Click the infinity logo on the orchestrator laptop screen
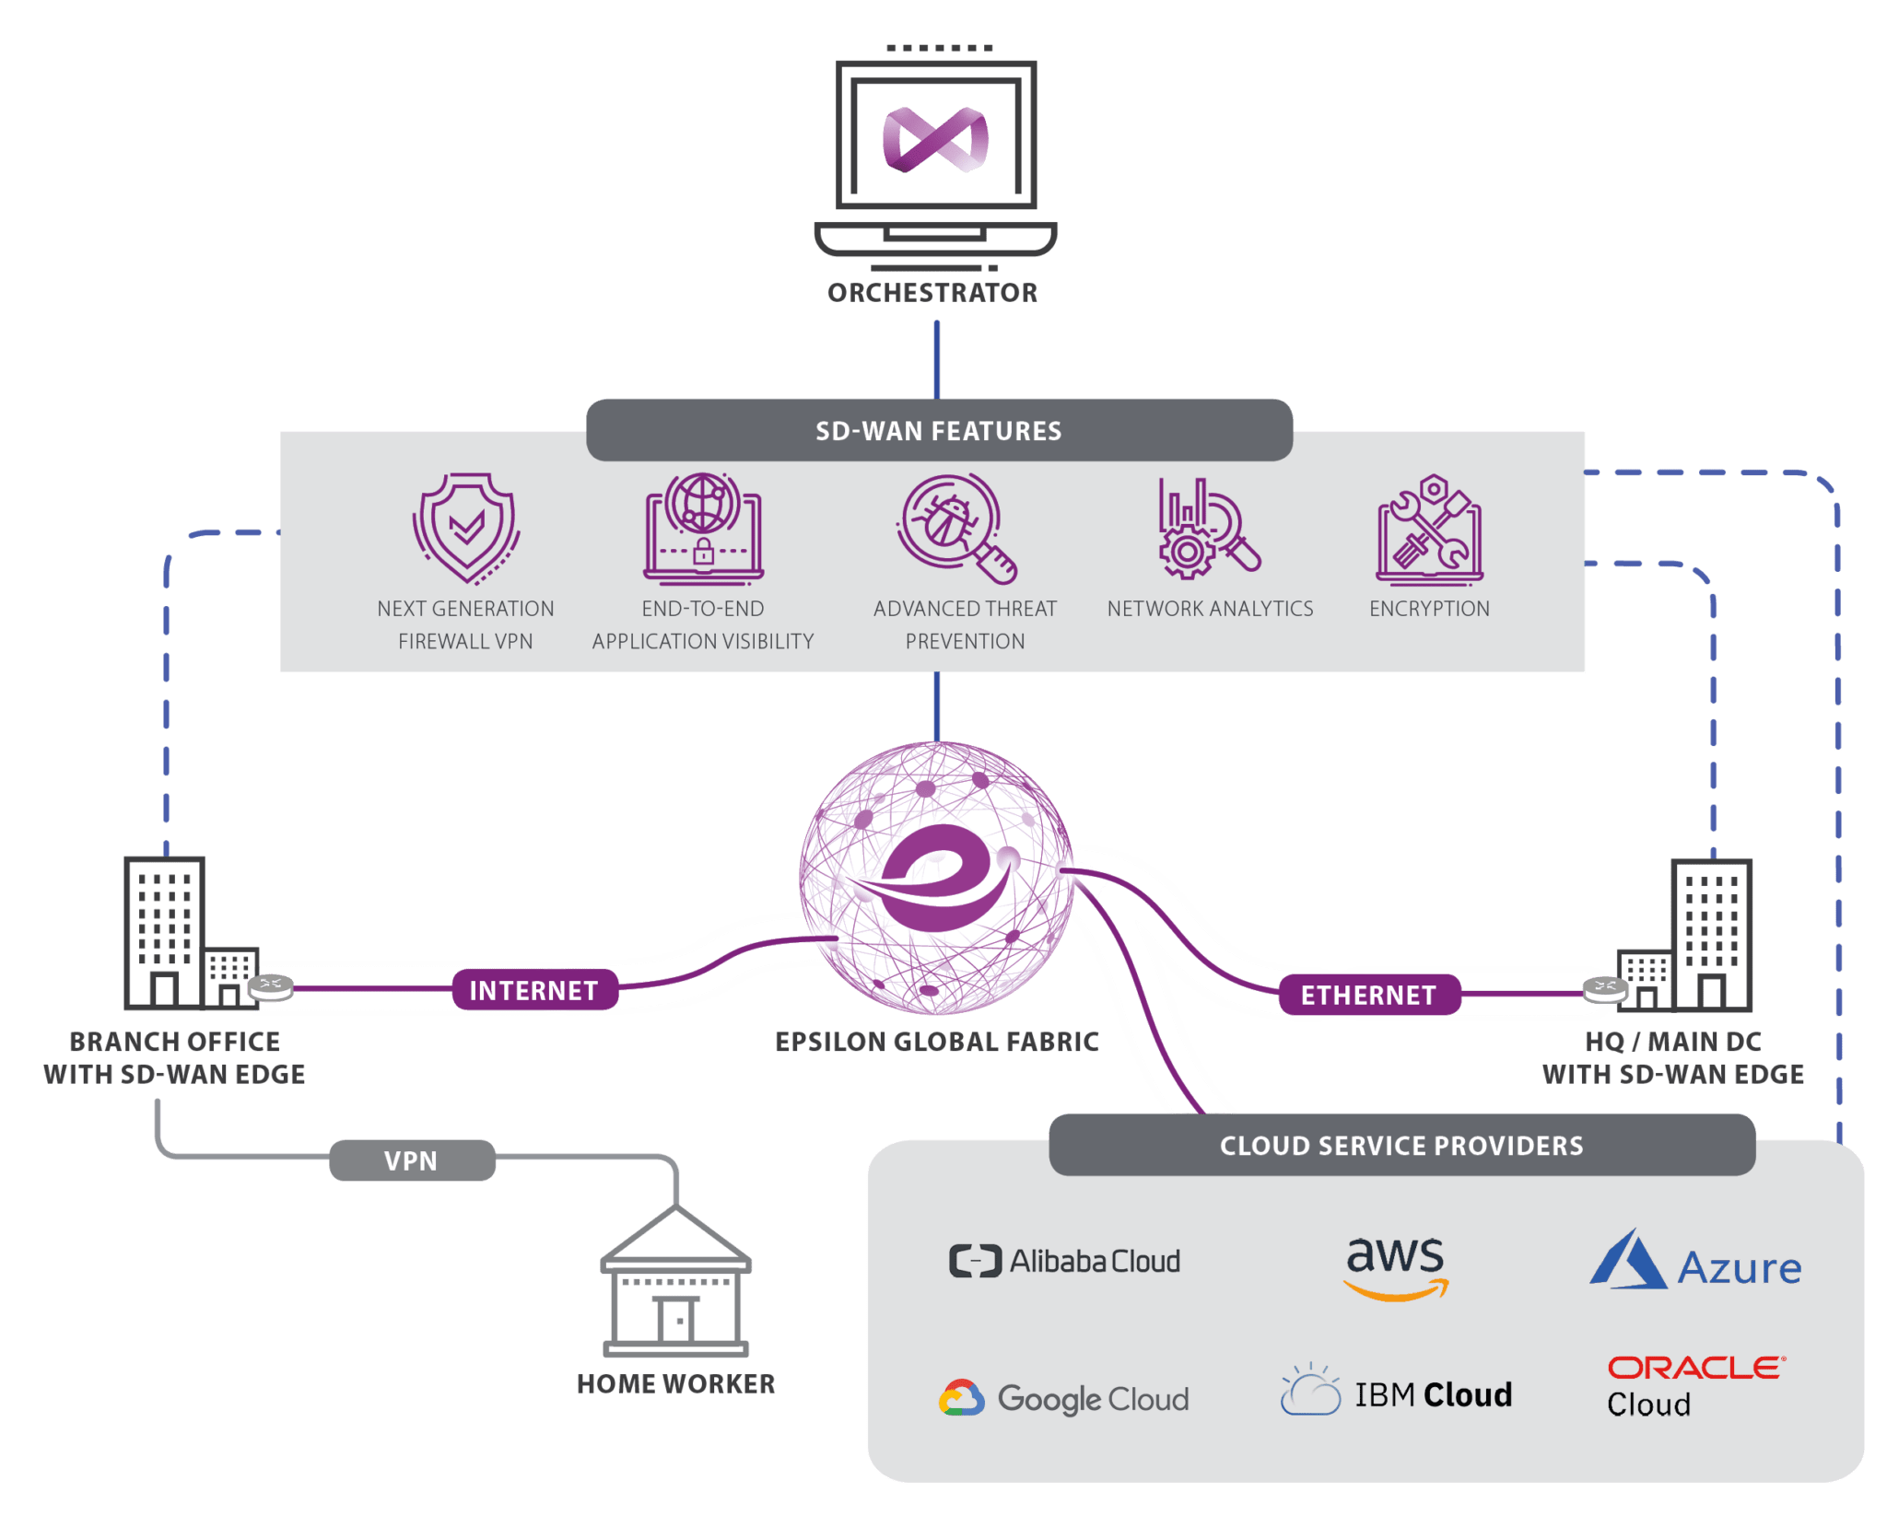coord(935,140)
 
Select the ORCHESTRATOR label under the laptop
coord(932,293)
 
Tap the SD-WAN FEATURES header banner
coord(938,431)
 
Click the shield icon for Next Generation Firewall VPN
coord(466,528)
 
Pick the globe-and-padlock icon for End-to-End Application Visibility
coord(703,530)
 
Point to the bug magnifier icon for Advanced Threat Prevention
coord(955,528)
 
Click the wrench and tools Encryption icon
coord(1429,531)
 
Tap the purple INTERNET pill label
coord(534,991)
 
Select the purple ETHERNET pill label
coord(1368,996)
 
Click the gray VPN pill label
coord(412,1160)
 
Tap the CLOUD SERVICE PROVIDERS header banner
coord(1401,1146)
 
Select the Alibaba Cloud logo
coord(1064,1261)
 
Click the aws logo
coord(1396,1266)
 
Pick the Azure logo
coord(1695,1263)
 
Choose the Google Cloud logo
coord(1064,1399)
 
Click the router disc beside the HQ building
coord(1605,989)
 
